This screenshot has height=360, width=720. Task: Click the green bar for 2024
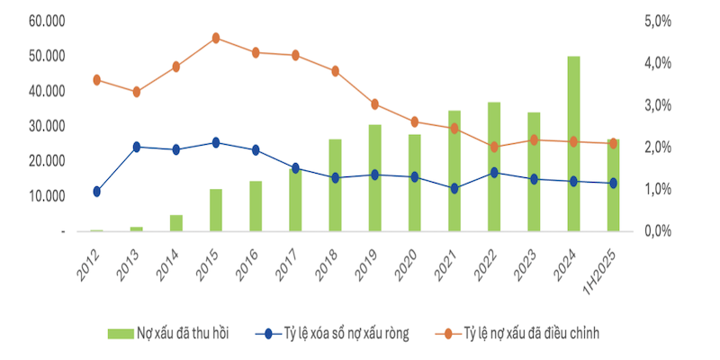573,144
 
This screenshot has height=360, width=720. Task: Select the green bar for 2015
216,210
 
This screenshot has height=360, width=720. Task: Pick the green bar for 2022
494,166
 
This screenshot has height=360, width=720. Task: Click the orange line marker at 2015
216,38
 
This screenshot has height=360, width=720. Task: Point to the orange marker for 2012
96,79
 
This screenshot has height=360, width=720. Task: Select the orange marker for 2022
494,147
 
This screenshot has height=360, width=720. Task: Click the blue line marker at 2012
96,191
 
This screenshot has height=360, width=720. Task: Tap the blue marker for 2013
137,147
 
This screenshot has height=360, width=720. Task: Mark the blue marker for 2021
454,188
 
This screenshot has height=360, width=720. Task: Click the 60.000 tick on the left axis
46,21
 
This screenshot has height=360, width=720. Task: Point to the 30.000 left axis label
46,126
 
